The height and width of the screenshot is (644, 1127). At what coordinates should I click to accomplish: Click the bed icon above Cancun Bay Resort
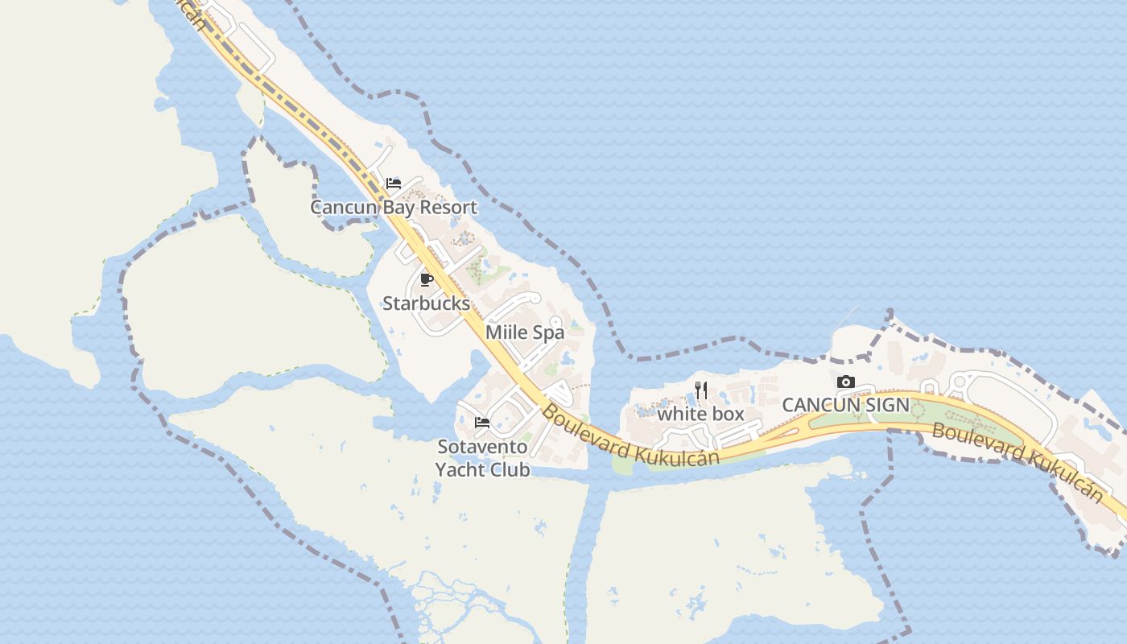tap(394, 184)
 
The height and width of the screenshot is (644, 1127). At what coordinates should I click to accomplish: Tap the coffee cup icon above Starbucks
tap(427, 280)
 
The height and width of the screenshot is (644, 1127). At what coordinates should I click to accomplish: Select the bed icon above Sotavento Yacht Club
tap(482, 422)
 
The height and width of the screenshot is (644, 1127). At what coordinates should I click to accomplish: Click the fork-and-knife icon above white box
tap(701, 390)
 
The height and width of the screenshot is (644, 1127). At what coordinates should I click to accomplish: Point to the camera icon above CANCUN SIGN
tap(845, 382)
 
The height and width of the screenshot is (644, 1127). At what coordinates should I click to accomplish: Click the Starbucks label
tap(426, 303)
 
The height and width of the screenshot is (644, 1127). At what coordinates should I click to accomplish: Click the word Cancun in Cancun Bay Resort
tap(344, 207)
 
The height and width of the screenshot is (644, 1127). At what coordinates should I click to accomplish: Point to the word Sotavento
tap(482, 447)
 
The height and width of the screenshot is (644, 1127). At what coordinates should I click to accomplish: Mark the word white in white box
tap(681, 414)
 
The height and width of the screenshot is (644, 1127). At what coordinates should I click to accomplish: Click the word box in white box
tap(728, 414)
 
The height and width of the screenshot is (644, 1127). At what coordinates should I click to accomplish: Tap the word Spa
tap(547, 332)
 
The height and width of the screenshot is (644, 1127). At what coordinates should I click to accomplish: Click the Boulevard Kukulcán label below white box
tap(630, 435)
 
